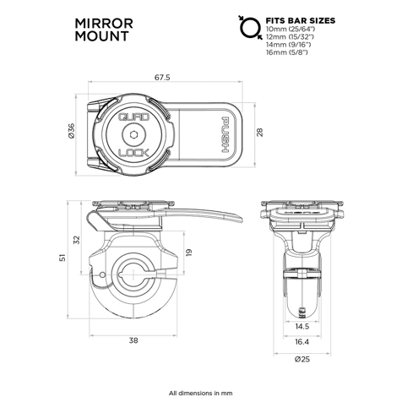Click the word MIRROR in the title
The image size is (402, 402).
click(x=104, y=24)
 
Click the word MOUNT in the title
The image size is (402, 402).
click(x=101, y=36)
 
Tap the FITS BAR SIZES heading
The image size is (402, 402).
click(x=301, y=20)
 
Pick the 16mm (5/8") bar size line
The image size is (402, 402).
click(x=287, y=52)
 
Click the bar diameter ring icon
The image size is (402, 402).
click(x=248, y=27)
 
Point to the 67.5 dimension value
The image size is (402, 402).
click(x=162, y=77)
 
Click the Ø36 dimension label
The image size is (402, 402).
click(x=71, y=131)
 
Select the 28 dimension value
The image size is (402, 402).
click(x=259, y=133)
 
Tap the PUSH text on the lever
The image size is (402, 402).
click(x=225, y=135)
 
